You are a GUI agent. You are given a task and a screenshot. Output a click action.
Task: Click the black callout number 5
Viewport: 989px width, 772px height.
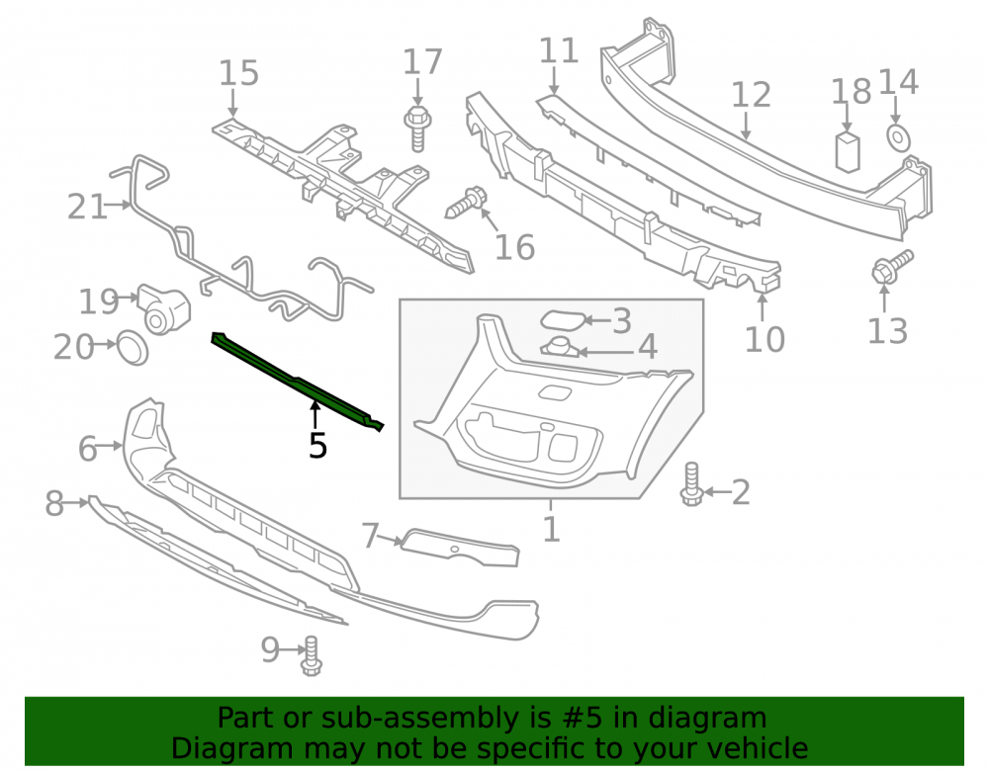coord(317,446)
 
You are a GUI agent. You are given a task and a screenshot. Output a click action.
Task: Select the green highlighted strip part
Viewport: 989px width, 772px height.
coord(297,381)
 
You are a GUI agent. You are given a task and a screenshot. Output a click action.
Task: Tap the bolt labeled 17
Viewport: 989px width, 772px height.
coord(417,128)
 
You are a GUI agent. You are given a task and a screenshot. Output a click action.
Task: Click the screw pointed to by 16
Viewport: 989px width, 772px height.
coord(466,202)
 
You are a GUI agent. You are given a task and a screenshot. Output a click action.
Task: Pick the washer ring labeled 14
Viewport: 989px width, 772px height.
coord(898,138)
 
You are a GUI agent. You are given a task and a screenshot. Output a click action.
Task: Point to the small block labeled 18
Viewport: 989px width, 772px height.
coord(848,152)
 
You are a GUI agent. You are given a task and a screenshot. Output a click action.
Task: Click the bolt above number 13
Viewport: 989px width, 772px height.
coord(892,267)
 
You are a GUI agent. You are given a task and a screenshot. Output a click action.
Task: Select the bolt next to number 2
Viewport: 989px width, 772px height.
coord(691,483)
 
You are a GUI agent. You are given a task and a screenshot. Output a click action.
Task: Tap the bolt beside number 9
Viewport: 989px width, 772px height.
coord(311,656)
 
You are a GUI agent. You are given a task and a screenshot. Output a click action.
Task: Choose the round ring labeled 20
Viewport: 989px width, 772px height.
coord(133,347)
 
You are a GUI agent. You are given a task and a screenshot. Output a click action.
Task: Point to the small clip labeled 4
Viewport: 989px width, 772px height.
coord(559,347)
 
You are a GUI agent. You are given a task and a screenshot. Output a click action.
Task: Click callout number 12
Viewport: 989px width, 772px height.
coord(751,95)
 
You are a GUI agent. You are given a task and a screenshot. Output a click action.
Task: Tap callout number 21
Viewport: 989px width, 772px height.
coord(87,207)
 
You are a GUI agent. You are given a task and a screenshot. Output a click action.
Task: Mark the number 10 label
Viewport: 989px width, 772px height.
coord(764,339)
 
